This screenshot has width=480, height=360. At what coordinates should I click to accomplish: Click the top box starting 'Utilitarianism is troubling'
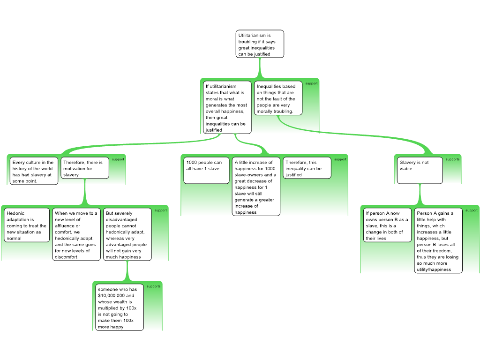coord(260,44)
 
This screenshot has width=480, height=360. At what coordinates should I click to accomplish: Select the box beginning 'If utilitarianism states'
coord(227,107)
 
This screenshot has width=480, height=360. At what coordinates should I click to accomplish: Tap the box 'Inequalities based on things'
coord(278,98)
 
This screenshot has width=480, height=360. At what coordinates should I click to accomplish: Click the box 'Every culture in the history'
coord(34,171)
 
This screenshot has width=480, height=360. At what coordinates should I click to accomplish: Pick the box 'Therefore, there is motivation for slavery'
coord(85,168)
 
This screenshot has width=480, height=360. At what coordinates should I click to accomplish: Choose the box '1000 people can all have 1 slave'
coord(206,171)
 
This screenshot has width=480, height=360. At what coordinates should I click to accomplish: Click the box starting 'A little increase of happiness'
coord(256,187)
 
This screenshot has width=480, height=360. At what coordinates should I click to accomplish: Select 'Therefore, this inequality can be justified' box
coord(307,168)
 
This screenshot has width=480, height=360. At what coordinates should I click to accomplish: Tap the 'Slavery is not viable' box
coord(420,171)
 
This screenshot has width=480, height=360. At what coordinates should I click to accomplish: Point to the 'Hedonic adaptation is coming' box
coord(27,225)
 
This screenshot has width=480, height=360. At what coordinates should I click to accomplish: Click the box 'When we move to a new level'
coord(76,234)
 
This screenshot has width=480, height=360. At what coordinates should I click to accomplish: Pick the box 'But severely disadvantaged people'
coord(127,234)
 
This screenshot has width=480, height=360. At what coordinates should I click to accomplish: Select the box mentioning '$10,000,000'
coord(120,307)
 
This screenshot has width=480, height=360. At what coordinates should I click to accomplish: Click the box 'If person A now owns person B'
coord(387,225)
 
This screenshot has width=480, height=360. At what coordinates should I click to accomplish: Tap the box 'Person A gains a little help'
coord(438,240)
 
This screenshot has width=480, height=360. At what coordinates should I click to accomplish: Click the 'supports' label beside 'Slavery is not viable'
coord(452,159)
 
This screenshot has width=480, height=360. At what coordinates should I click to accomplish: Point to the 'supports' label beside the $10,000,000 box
coord(153,286)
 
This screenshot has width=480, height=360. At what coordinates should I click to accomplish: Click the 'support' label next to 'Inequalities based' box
coord(311,83)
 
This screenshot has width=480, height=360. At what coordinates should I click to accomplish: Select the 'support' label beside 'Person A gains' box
coord(472,210)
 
